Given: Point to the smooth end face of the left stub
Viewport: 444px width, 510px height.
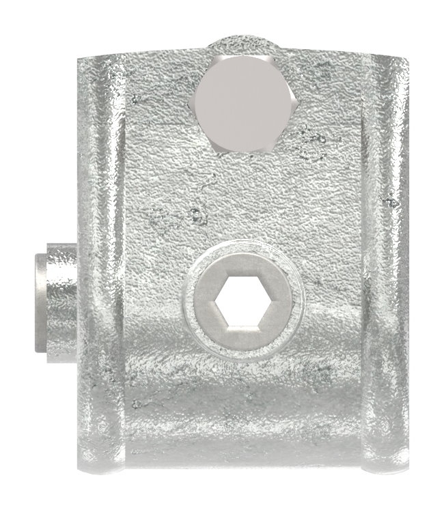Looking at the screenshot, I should (x=38, y=302).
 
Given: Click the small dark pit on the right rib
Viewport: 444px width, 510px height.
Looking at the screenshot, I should (x=391, y=203).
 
